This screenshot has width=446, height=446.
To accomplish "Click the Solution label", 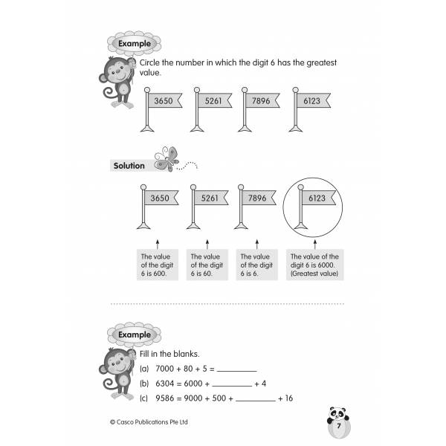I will [129, 166].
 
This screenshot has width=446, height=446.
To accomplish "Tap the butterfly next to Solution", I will [167, 159].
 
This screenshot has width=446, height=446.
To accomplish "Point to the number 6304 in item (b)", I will [166, 384].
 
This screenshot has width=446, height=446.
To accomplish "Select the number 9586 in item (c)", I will [166, 398].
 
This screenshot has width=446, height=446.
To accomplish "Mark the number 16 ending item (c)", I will [290, 398].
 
